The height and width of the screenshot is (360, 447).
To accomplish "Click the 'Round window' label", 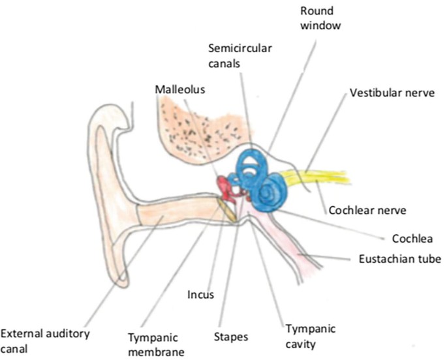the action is pyautogui.click(x=320, y=18).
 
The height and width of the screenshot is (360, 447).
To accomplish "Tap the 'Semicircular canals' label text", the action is pyautogui.click(x=239, y=55).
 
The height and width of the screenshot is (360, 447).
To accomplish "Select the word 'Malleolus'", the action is pyautogui.click(x=180, y=89).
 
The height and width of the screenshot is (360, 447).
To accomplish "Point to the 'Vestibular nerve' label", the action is pyautogui.click(x=392, y=93).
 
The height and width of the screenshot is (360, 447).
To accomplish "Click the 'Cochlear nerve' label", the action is pyautogui.click(x=367, y=210).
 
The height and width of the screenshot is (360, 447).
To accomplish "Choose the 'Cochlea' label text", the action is pyautogui.click(x=412, y=239).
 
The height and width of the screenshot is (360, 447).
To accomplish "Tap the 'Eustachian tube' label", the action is pyautogui.click(x=399, y=259).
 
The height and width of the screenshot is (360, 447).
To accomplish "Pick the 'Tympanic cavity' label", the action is pyautogui.click(x=311, y=337).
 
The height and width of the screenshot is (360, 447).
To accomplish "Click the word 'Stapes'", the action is pyautogui.click(x=231, y=337).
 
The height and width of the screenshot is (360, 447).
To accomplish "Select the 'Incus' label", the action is pyautogui.click(x=200, y=295).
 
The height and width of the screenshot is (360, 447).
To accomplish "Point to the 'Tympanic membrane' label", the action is pyautogui.click(x=156, y=344).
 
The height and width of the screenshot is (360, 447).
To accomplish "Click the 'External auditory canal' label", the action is pyautogui.click(x=45, y=341).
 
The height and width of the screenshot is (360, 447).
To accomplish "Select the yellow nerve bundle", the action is pyautogui.click(x=314, y=176).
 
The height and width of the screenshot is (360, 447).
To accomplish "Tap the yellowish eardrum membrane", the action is pyautogui.click(x=227, y=210).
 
